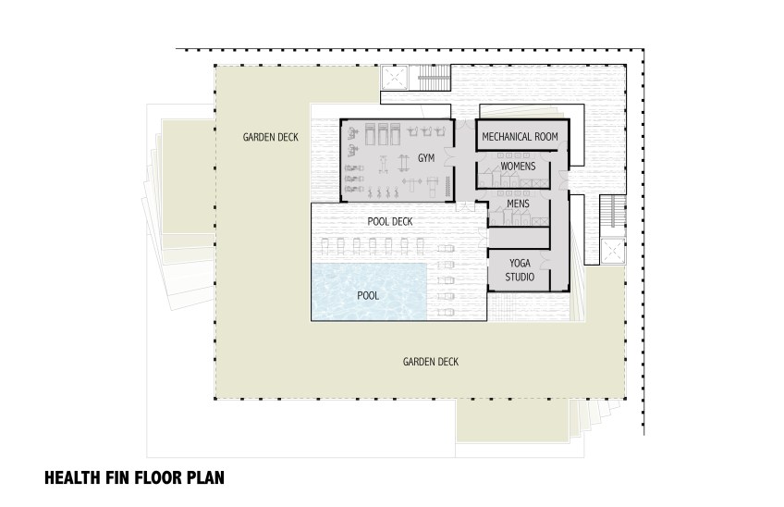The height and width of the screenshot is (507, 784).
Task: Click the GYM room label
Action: (426, 158)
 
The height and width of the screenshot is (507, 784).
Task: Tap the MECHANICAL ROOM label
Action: (520, 137)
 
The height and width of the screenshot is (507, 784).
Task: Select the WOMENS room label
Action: (518, 167)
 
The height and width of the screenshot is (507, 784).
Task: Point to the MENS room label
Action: (518, 204)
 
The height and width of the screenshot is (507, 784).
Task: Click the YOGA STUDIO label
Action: (520, 270)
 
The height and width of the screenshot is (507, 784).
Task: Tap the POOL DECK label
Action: (390, 221)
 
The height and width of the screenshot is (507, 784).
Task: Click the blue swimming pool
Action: (369, 291)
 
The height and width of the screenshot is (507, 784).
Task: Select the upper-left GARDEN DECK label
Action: (271, 137)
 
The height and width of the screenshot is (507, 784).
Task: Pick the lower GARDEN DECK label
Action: (431, 362)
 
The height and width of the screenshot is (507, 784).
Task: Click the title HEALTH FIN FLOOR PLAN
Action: (134, 477)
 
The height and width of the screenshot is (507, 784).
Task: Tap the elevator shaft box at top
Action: (395, 78)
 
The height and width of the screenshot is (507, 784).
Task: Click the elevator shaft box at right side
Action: (612, 252)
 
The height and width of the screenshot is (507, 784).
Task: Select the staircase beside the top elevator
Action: (433, 79)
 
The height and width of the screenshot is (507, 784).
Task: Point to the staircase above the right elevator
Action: (612, 211)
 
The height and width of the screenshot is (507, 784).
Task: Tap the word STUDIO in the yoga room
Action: (520, 277)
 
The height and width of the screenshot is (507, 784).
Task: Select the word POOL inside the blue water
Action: (368, 296)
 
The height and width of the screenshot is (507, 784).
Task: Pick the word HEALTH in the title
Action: (72, 477)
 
